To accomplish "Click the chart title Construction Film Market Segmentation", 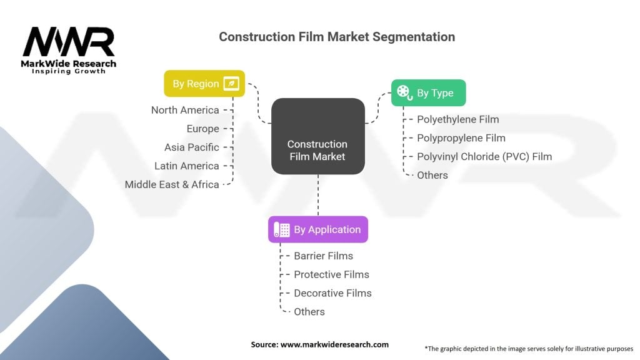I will coord(337,37).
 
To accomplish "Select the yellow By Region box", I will coord(204,84).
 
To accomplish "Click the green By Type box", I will coord(428,93).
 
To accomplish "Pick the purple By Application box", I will coord(318,229).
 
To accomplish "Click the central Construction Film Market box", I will coord(317,150).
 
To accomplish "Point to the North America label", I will coord(185,110).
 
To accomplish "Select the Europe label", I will coord(203,129).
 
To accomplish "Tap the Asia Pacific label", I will coord(192,147).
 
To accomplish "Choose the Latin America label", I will coord(187,166).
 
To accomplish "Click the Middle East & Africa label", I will coord(172,184).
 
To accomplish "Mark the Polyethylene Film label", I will coord(458,119).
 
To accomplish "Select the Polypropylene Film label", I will coord(461,138).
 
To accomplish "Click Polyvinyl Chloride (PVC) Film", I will coord(484,157).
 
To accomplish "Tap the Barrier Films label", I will coord(323,256).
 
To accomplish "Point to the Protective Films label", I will coord(331,274).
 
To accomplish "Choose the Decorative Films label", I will coord(332,293).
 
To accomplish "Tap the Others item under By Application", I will coord(309,312).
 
